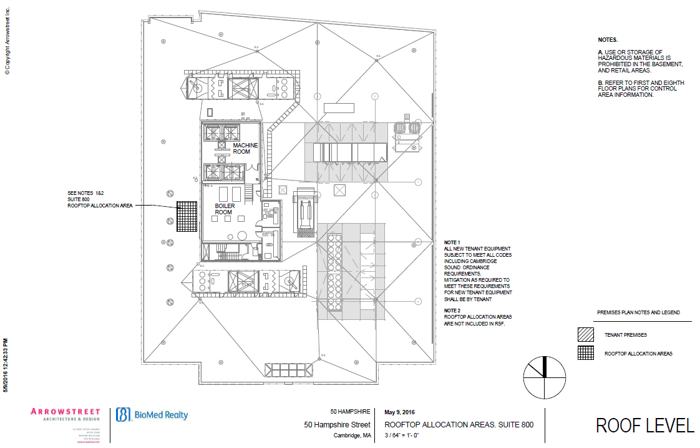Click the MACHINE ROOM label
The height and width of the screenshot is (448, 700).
pos(245,148)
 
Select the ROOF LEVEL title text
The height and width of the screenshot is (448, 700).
pos(644,426)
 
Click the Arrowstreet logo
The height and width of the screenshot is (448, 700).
pos(65,415)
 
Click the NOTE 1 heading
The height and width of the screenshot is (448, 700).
pos(452,242)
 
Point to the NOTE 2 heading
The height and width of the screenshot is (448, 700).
pos(452,311)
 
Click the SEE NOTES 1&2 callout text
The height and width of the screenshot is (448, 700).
pos(85,192)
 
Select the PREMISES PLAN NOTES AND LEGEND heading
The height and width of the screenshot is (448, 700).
pos(638,312)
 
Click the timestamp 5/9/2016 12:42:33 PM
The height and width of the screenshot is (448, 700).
pos(6,366)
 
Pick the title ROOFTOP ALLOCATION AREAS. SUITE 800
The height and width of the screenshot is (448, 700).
pos(459,425)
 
